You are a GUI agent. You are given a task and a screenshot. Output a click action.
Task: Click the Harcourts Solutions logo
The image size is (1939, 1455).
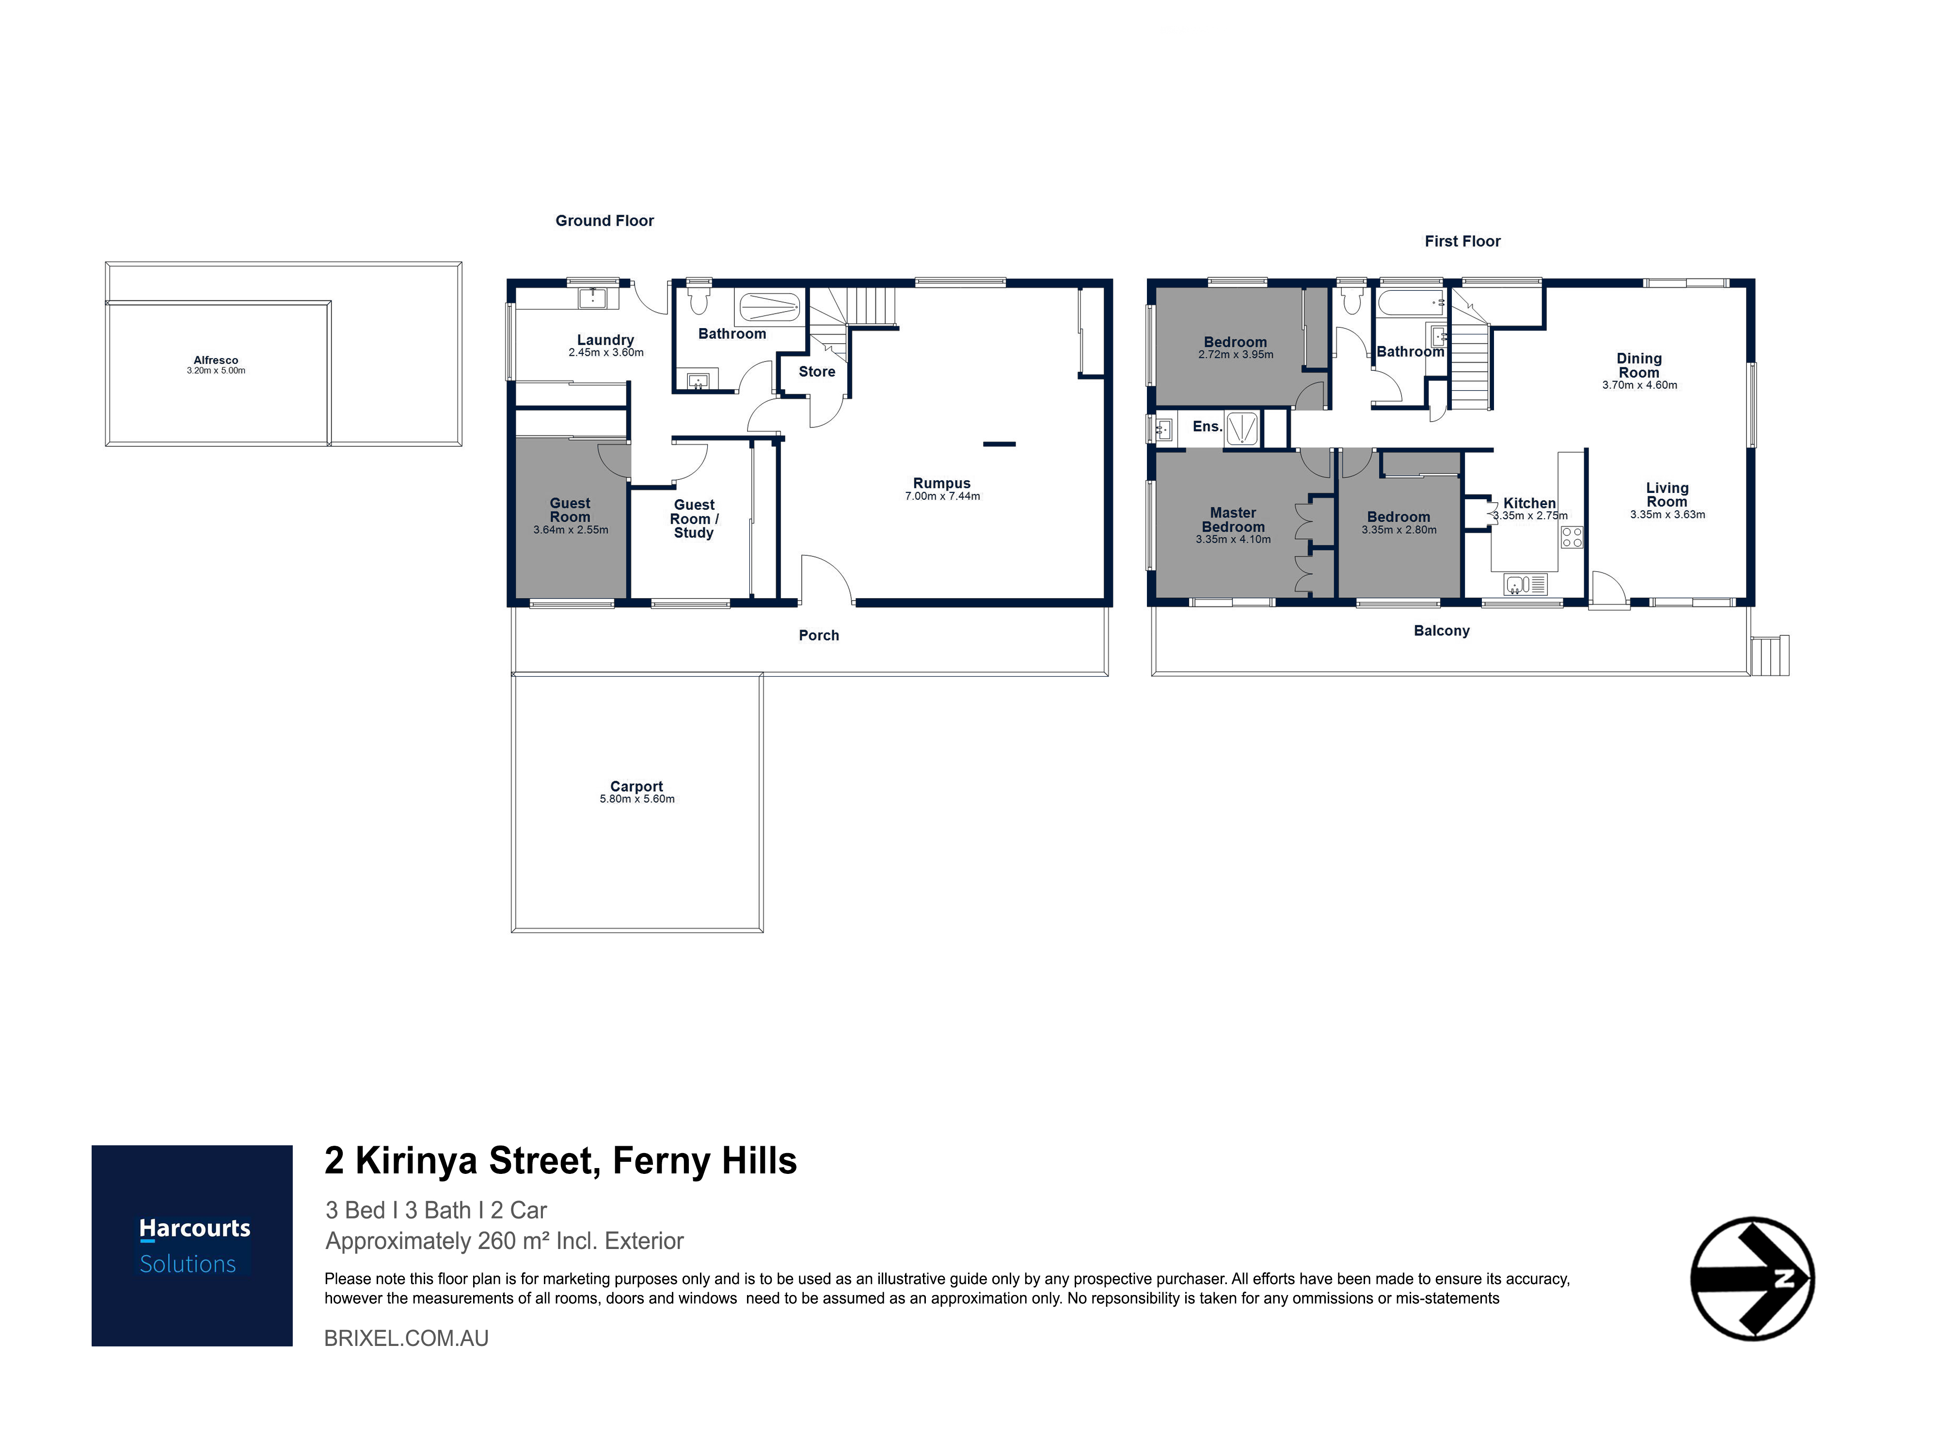(192, 1246)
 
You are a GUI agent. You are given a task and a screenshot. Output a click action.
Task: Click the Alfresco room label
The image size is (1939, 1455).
(216, 360)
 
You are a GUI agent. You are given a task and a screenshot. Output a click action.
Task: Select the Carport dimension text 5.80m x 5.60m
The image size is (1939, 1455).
(637, 799)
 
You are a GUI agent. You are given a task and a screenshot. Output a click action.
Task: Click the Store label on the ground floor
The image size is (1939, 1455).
(817, 372)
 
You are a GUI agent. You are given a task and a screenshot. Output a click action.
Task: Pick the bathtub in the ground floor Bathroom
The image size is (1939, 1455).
(770, 307)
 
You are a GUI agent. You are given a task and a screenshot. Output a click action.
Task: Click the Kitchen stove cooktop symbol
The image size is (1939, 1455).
(1572, 538)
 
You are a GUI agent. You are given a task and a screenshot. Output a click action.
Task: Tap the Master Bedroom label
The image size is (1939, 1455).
(1233, 520)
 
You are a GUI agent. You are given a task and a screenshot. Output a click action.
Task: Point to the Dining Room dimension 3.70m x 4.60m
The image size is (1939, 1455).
(1640, 385)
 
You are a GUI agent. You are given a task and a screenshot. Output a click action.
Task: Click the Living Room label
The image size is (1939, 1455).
(1667, 495)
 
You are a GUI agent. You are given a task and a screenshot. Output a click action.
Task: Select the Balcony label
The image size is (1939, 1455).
(1442, 631)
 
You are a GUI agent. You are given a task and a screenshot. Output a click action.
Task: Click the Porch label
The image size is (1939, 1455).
(819, 635)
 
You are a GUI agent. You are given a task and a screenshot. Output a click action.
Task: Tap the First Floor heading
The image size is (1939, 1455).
(1463, 241)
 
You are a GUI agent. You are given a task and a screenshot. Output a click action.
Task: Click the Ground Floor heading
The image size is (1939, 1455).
(605, 221)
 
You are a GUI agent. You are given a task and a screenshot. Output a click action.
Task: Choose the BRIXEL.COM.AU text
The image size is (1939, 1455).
(407, 1338)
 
